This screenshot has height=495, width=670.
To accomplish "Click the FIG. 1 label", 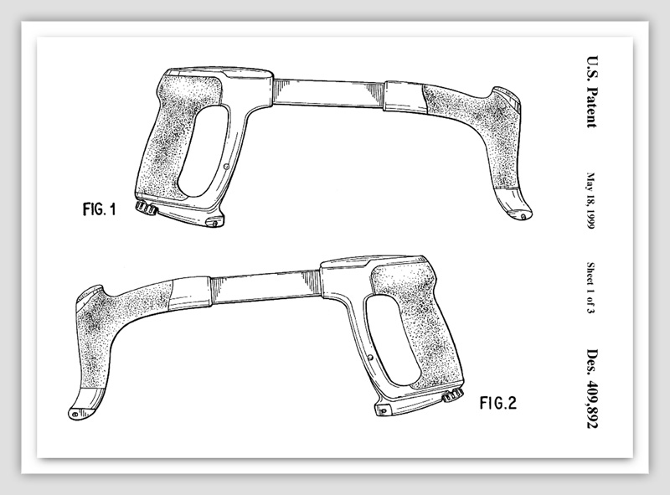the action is pyautogui.click(x=99, y=209).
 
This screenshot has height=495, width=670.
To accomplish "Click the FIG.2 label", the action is pyautogui.click(x=497, y=403).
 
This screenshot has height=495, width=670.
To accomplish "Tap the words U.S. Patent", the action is pyautogui.click(x=591, y=91).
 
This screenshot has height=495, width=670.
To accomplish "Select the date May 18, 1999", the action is pyautogui.click(x=591, y=201).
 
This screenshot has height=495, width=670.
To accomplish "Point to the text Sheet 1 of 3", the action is pyautogui.click(x=590, y=287).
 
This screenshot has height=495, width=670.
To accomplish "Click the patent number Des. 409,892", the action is pyautogui.click(x=592, y=389).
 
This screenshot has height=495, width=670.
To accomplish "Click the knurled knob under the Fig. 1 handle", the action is pyautogui.click(x=146, y=208).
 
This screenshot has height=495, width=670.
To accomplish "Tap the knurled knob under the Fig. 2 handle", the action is pyautogui.click(x=453, y=395).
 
